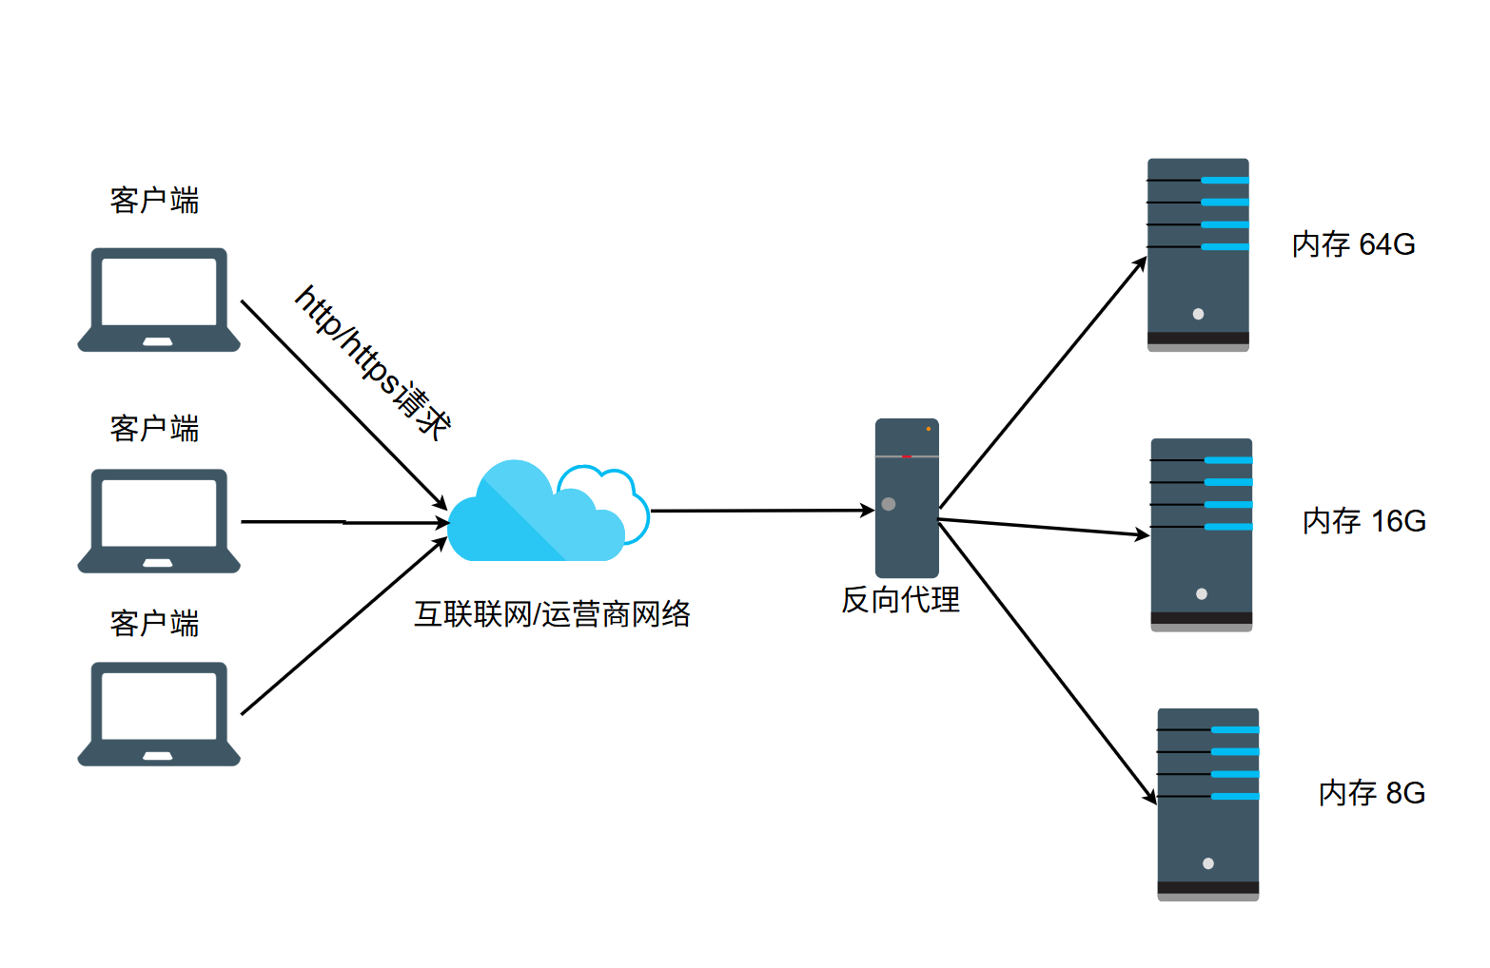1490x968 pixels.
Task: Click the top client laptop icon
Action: click(x=159, y=300)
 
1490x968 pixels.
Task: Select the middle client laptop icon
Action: click(x=159, y=521)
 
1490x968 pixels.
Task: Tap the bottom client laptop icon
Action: click(x=159, y=714)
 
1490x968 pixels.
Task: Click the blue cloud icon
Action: click(x=548, y=511)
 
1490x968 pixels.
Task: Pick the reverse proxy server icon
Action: click(x=907, y=498)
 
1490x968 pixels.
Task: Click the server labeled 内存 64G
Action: click(x=1198, y=255)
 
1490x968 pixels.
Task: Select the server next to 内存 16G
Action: click(x=1202, y=534)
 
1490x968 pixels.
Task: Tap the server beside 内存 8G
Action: click(x=1208, y=804)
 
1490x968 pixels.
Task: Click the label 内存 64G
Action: click(x=1354, y=244)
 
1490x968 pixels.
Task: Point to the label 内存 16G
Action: click(x=1364, y=521)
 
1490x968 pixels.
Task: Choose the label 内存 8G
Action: click(x=1372, y=793)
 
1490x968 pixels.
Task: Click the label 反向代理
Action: click(x=901, y=600)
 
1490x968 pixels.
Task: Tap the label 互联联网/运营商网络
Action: click(x=552, y=613)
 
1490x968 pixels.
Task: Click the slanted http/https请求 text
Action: click(x=373, y=362)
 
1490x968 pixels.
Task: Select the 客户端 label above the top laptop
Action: click(x=154, y=200)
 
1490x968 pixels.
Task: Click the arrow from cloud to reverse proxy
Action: click(x=762, y=511)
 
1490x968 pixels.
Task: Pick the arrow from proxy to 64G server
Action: click(x=1043, y=382)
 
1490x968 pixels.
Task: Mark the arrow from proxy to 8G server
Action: click(x=1048, y=664)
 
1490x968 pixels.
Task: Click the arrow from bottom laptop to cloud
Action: click(x=343, y=627)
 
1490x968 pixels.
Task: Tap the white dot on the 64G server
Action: click(x=1198, y=314)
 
